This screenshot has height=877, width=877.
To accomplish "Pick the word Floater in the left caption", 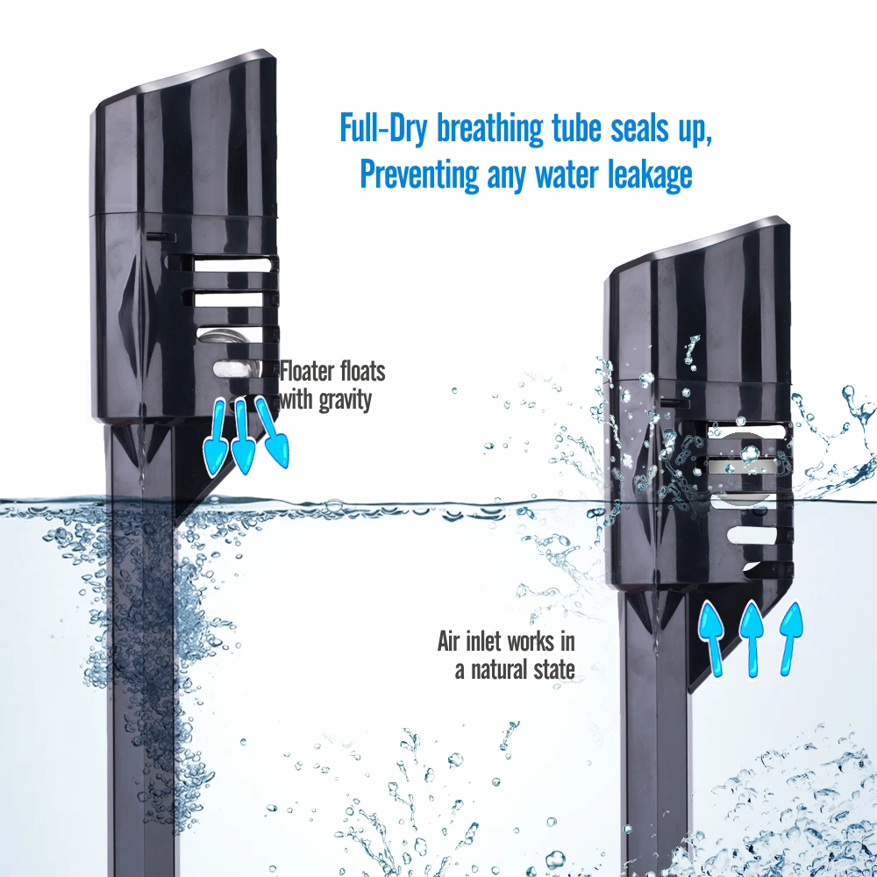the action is (x=308, y=370).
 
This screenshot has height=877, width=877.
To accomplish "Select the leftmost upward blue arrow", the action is (x=711, y=638).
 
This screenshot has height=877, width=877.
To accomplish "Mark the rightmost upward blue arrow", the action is (x=792, y=636).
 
